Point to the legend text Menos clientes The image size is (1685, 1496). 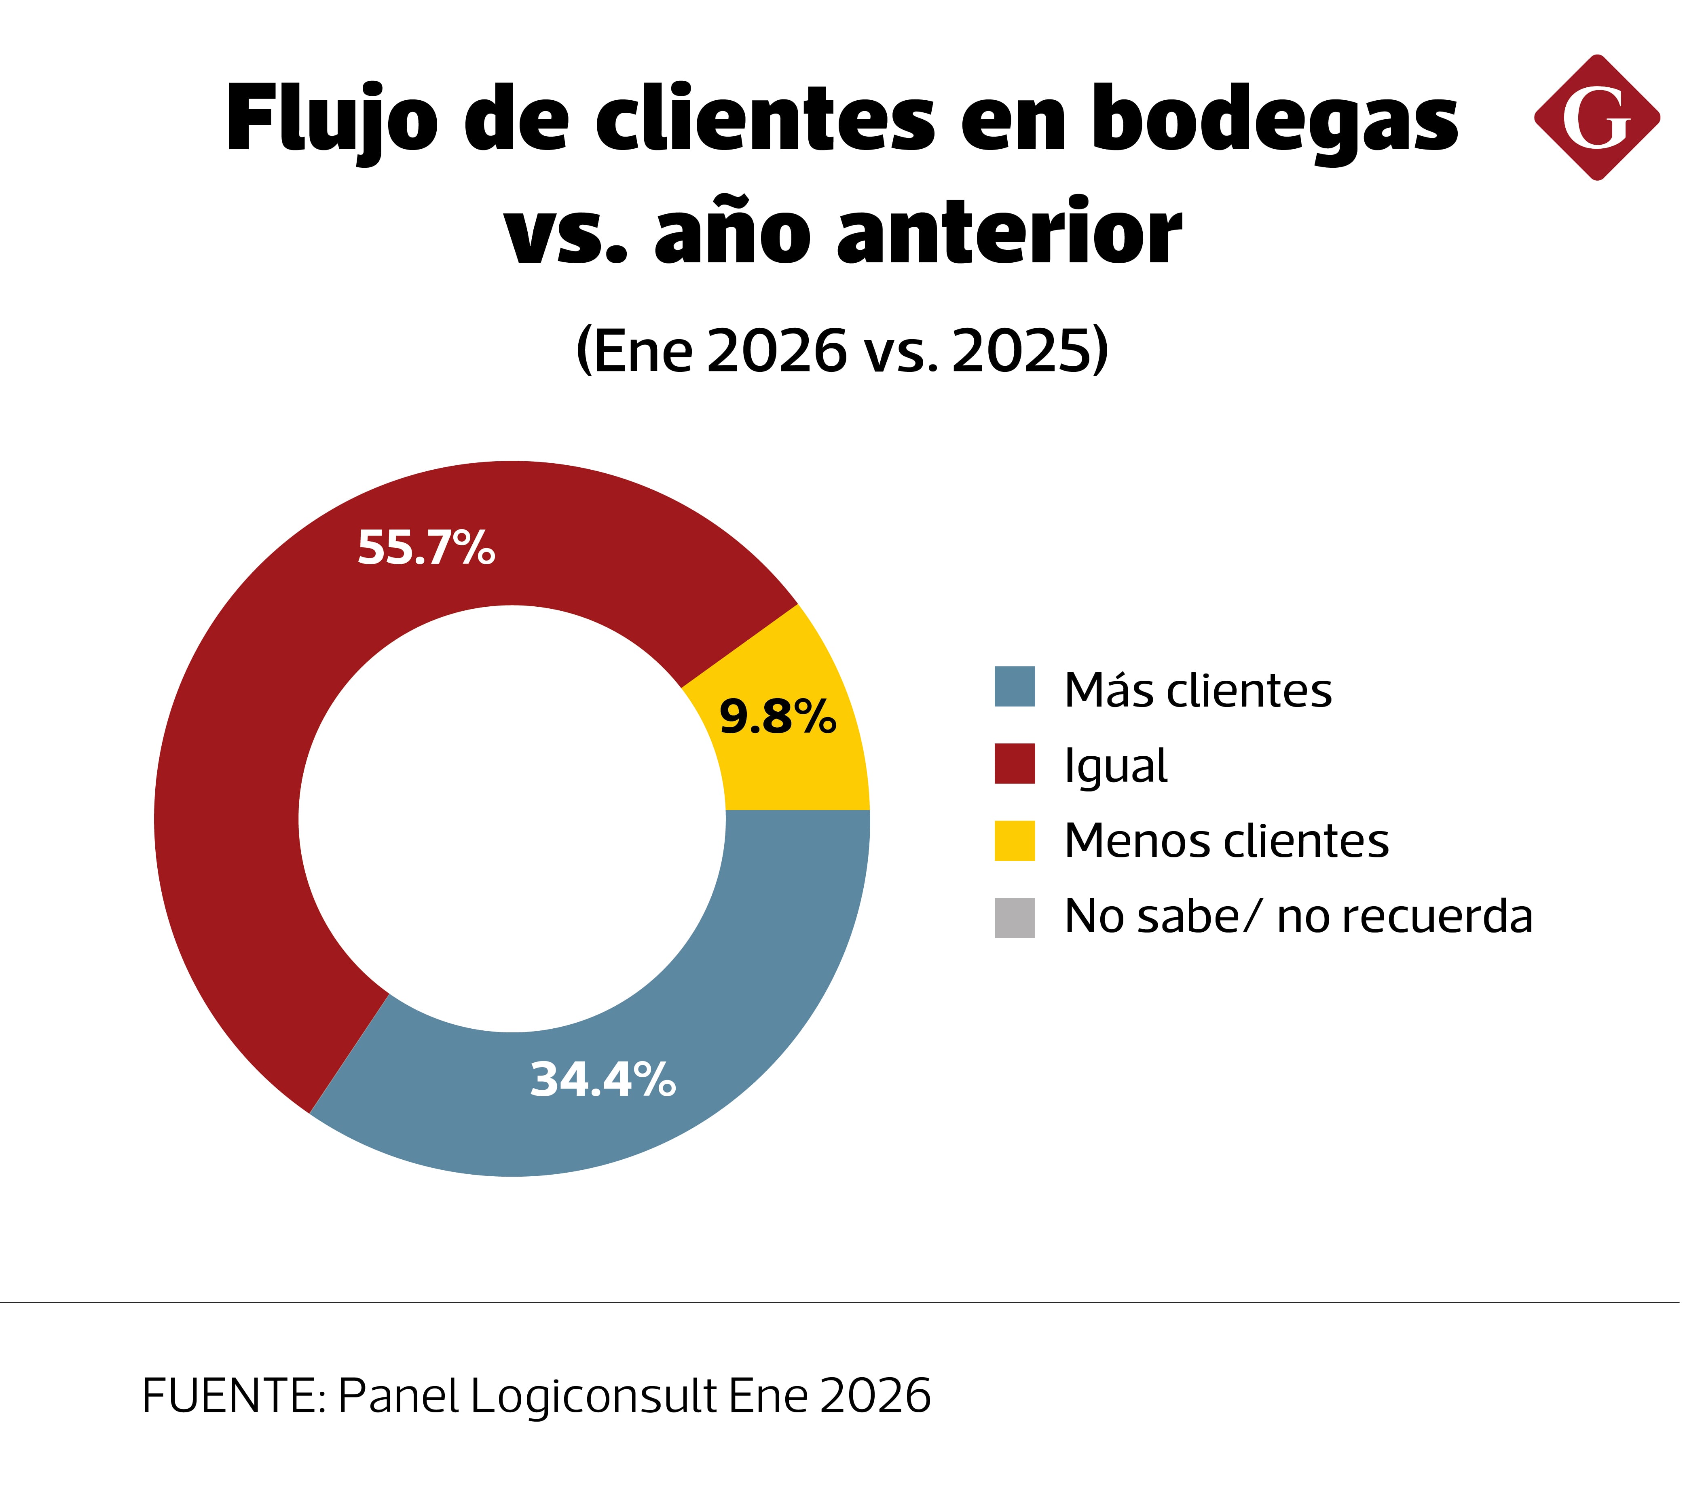point(1226,842)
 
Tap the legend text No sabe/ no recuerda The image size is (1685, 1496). point(1298,916)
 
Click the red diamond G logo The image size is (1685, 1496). point(1597,118)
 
